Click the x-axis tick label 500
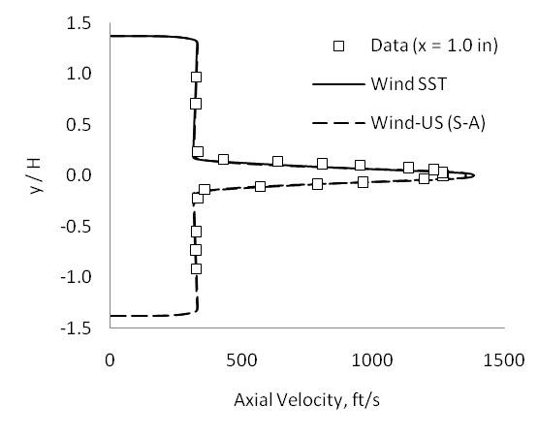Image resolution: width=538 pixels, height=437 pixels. point(240,359)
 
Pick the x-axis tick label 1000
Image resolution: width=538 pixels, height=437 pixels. point(371,359)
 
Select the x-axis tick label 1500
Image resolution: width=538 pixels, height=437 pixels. point(502,359)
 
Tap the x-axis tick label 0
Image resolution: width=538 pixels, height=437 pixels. point(110,359)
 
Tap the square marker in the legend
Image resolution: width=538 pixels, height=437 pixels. point(338,46)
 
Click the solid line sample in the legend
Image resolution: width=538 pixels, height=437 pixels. point(338,84)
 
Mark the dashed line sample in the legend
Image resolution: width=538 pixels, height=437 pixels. point(338,122)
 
